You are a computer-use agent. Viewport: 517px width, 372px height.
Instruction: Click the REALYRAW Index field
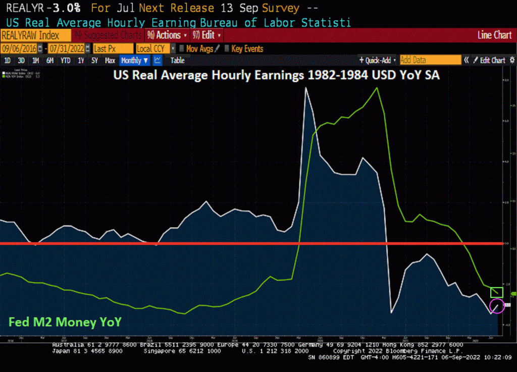[x=35, y=35]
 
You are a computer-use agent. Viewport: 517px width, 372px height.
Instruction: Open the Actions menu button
[x=167, y=35]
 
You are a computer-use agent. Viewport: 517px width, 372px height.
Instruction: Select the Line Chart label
[x=494, y=35]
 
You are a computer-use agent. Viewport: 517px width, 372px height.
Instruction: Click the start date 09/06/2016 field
[x=22, y=48]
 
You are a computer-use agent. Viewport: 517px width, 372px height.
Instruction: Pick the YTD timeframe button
[x=66, y=61]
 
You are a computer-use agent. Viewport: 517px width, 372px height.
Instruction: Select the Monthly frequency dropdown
[x=135, y=61]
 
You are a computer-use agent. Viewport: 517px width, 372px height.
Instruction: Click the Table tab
[x=177, y=61]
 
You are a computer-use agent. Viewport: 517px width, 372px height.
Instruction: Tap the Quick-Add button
[x=378, y=61]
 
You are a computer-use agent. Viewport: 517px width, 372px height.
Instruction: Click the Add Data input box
[x=430, y=61]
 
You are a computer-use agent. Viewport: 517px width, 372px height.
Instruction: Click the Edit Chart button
[x=489, y=61]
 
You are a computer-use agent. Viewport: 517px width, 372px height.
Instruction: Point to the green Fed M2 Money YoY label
[x=65, y=322]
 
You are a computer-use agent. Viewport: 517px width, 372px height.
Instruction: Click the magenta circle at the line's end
[x=497, y=306]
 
